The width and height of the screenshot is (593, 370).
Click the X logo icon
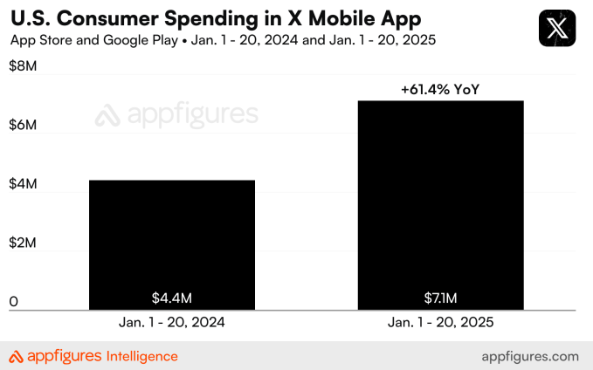tap(557, 29)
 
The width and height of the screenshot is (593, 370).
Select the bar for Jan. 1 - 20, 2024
tap(172, 244)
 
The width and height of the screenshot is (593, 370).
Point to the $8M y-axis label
tap(24, 67)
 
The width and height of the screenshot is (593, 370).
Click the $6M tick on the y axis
tap(24, 126)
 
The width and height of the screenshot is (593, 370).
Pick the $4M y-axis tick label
tap(24, 185)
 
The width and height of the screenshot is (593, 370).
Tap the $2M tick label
tap(24, 243)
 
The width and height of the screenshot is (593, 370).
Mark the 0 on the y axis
tap(14, 302)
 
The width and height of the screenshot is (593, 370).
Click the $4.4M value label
tap(172, 298)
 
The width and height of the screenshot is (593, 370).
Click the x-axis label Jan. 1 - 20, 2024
tap(172, 322)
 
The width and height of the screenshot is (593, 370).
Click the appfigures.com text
tap(530, 356)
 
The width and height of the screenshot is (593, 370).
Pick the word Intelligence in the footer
tap(141, 356)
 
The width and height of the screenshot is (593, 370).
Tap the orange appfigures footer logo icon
tap(17, 356)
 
